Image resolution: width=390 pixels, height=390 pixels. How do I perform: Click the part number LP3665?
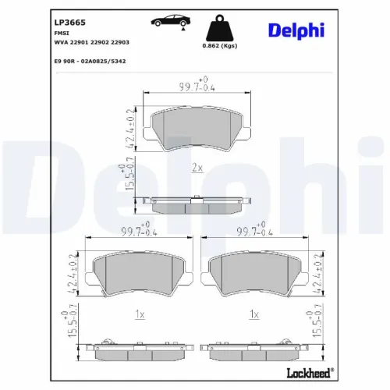click(70, 11)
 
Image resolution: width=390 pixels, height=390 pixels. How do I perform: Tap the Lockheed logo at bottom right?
click(312, 371)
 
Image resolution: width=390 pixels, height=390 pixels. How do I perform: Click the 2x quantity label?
click(197, 168)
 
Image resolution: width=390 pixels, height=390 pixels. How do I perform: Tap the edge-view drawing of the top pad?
click(197, 203)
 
